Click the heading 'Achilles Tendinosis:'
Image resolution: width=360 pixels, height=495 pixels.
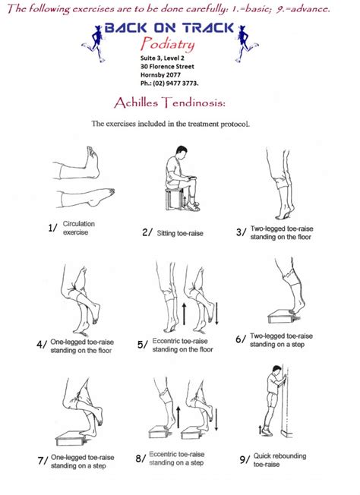pyautogui.click(x=179, y=102)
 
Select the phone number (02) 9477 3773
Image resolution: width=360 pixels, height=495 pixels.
pyautogui.click(x=171, y=84)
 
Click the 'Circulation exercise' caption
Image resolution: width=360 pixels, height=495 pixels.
pyautogui.click(x=80, y=228)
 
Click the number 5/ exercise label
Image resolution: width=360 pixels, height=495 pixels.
pyautogui.click(x=143, y=345)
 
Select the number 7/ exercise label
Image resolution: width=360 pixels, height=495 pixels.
pyautogui.click(x=43, y=460)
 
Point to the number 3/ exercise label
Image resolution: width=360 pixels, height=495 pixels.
pyautogui.click(x=241, y=232)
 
